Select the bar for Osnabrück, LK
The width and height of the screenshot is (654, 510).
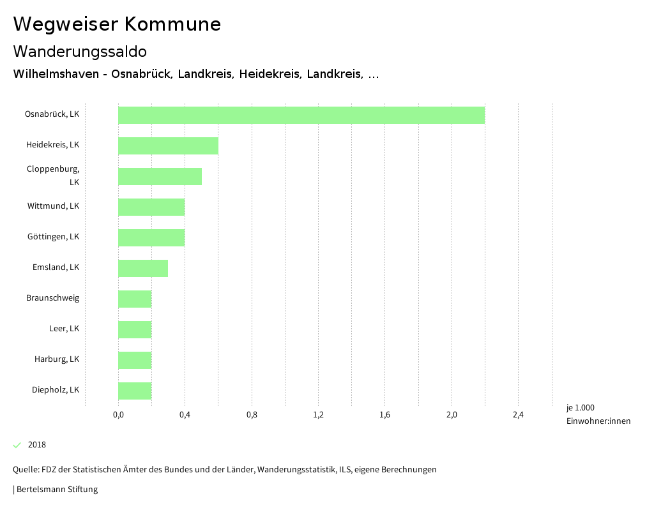(x=301, y=115)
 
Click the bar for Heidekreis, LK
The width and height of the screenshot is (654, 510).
(x=168, y=146)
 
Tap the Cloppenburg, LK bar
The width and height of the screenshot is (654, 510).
(x=160, y=176)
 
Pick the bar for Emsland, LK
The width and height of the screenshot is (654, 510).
(x=143, y=268)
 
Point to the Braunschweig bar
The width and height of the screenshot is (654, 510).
(x=135, y=299)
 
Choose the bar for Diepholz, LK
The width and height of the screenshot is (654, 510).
(x=135, y=391)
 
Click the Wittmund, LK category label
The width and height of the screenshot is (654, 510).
(x=53, y=206)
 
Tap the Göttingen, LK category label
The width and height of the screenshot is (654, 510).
(x=53, y=237)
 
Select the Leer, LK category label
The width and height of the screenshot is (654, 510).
(x=64, y=329)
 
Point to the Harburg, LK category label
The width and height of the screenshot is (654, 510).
(x=57, y=359)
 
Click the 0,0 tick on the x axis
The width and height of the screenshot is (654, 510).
(x=118, y=415)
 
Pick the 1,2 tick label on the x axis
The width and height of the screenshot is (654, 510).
(x=318, y=415)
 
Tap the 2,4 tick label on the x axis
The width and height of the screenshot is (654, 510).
(x=518, y=415)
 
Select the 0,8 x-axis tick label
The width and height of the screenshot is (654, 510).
(x=252, y=415)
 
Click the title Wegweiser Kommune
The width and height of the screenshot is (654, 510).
(x=117, y=24)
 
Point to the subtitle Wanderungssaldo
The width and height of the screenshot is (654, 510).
(x=80, y=51)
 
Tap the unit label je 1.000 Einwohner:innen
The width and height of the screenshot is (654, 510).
(x=598, y=414)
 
